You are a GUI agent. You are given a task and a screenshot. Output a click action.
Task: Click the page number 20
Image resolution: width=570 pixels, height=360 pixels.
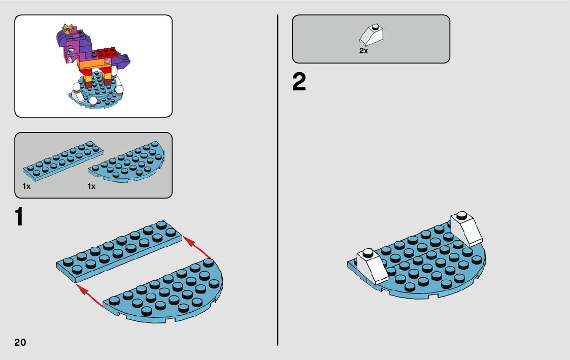click(x=20, y=342)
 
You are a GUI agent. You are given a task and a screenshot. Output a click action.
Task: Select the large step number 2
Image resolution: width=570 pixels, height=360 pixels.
click(x=299, y=83)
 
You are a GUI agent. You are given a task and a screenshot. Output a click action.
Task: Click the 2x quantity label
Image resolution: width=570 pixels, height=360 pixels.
click(x=363, y=51)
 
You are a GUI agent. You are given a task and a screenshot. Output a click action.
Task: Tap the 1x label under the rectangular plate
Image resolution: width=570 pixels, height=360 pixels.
click(x=26, y=187)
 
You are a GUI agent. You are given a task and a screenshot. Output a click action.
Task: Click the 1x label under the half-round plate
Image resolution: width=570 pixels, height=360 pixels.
click(x=91, y=187)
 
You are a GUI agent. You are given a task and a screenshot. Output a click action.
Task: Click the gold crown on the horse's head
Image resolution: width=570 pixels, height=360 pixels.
click(x=66, y=28)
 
